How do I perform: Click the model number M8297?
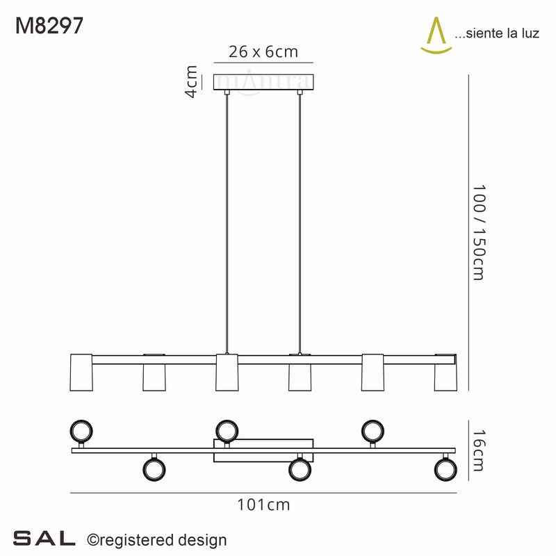pos(49,26)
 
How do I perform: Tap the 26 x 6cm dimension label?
pos(263,52)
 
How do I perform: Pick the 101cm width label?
pos(263,505)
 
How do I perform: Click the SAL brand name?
pos(44,538)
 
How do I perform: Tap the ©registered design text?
pos(156,539)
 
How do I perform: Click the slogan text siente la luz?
pos(496,34)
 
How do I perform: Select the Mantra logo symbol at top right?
pos(436,35)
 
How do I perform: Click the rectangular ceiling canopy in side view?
pos(263,83)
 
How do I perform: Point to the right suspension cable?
pos(300,222)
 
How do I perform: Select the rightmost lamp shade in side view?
pos(445,377)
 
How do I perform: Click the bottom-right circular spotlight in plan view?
pos(445,469)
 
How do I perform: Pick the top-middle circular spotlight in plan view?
pos(227,430)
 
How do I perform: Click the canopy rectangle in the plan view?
pos(263,450)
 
